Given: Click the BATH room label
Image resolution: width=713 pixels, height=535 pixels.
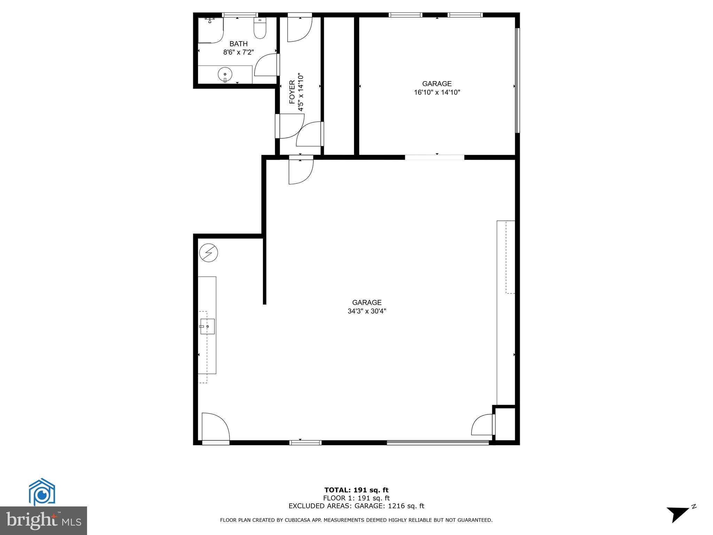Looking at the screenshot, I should pyautogui.click(x=238, y=44).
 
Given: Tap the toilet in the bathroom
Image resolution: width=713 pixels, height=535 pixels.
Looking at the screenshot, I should pyautogui.click(x=260, y=29).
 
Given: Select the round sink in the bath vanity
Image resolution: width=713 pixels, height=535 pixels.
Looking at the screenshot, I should pyautogui.click(x=225, y=75).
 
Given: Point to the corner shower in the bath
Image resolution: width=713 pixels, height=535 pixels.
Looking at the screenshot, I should pyautogui.click(x=210, y=30).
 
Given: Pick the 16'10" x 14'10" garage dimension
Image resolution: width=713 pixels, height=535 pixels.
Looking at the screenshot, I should pyautogui.click(x=437, y=93).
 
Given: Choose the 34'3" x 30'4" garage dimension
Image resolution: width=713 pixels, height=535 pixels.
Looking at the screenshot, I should pyautogui.click(x=367, y=311).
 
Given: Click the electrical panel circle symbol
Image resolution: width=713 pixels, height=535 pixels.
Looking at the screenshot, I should pyautogui.click(x=209, y=253).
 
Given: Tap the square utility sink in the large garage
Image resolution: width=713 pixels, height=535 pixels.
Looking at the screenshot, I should pyautogui.click(x=207, y=326).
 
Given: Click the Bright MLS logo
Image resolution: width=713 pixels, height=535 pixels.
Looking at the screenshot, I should pyautogui.click(x=44, y=520).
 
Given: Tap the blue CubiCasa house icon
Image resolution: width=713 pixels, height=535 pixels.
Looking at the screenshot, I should pyautogui.click(x=42, y=492).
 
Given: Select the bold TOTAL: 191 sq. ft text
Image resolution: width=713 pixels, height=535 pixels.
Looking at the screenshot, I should pyautogui.click(x=356, y=490).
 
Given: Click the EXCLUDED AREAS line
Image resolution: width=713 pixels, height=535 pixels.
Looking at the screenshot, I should pyautogui.click(x=356, y=506).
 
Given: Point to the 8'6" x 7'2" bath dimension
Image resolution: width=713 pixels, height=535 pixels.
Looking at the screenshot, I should pyautogui.click(x=238, y=53).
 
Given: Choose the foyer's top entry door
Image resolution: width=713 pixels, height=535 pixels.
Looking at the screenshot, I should pyautogui.click(x=299, y=29).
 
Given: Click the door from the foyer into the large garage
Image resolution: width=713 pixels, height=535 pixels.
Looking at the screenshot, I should pyautogui.click(x=301, y=171).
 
